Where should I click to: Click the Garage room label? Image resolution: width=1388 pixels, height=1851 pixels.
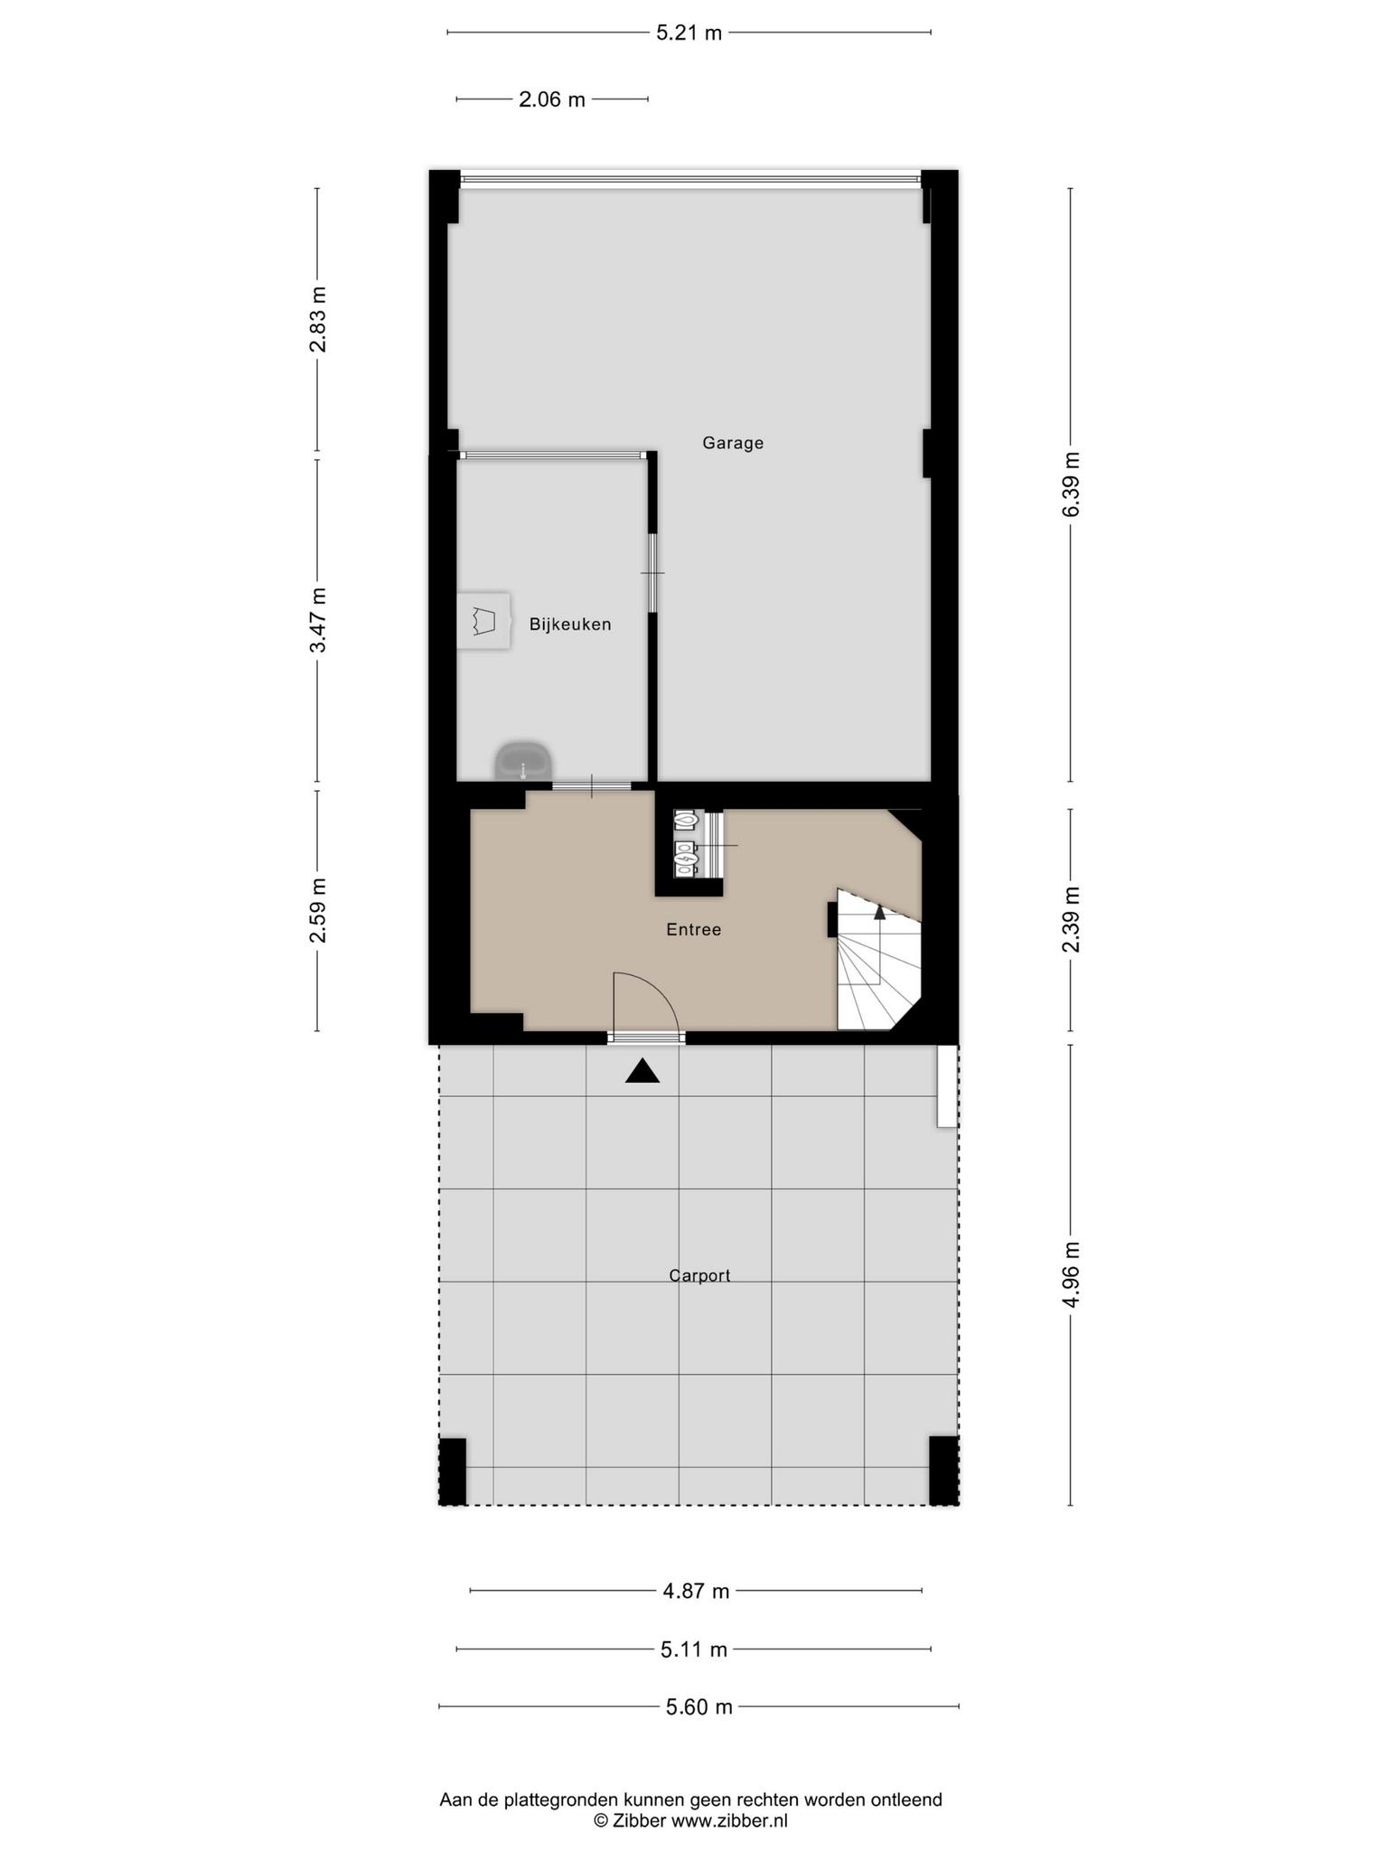pos(733,443)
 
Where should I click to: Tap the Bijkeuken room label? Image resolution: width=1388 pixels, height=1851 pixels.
pos(570,625)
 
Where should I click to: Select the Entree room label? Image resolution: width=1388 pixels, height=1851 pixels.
pos(694,929)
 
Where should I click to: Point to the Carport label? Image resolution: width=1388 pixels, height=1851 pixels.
pos(699,1275)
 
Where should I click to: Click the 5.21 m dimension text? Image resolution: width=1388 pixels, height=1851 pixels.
pos(689,33)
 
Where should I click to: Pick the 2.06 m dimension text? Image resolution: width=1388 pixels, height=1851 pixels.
pos(552,99)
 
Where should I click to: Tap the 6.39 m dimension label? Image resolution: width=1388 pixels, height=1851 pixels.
pos(1072,484)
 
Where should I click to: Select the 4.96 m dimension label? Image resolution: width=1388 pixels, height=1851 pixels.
pos(1072,1275)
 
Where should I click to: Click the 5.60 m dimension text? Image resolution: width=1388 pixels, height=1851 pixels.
pos(699,1706)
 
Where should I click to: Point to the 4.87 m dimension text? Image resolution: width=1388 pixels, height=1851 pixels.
pos(696,1591)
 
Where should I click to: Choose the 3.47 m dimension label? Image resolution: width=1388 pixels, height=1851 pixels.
pos(317,620)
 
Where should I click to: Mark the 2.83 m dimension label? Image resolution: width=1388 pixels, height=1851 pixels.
pos(317,319)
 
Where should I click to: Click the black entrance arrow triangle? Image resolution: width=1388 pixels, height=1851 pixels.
pos(642,1071)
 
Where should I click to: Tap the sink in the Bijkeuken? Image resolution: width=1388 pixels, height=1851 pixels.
pos(523,761)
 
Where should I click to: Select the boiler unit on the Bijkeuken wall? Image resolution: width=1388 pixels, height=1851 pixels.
pos(483,620)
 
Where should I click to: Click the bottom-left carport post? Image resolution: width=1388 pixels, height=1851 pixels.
pos(452,1470)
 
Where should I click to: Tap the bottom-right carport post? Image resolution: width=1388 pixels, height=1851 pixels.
pos(944,1470)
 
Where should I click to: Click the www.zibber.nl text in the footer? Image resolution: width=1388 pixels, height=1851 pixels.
pos(729,1820)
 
